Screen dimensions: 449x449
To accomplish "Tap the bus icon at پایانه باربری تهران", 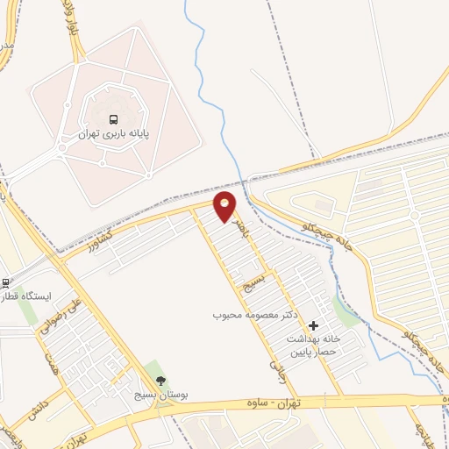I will click(113, 119).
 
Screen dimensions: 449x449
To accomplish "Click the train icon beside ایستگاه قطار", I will click(4, 282).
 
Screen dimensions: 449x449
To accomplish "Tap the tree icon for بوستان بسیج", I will click(160, 380).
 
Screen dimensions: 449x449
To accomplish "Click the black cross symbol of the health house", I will click(313, 325).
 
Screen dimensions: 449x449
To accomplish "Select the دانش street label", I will click(45, 403).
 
